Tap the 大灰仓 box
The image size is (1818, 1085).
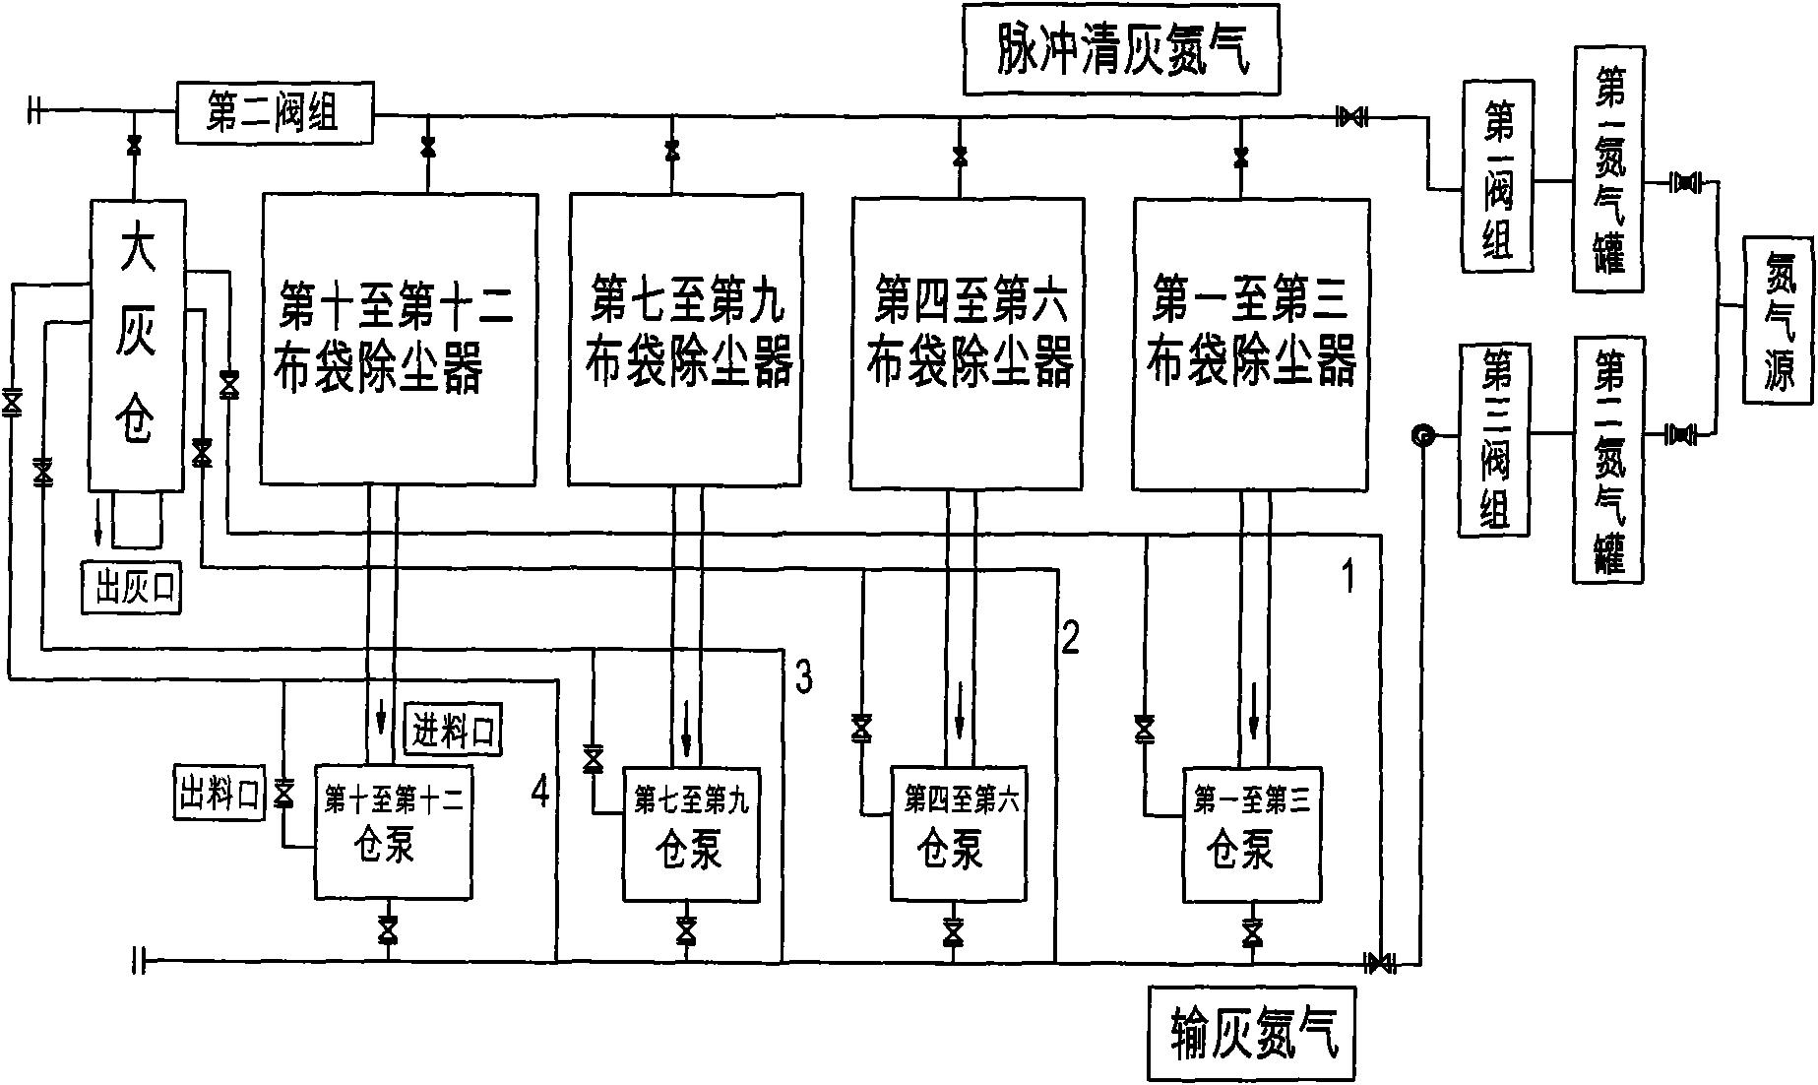coord(136,344)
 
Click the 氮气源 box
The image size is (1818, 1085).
coord(1779,319)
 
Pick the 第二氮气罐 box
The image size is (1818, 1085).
coord(1608,459)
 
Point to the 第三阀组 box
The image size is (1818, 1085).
coord(1494,439)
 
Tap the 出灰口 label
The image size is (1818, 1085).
coord(131,588)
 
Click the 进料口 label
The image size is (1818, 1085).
coord(454,730)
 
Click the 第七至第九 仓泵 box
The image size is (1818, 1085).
coord(691,834)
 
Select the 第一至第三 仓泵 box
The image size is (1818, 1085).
coord(1251,834)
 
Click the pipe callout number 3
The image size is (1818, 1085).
coord(804,677)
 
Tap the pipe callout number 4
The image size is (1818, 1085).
coord(540,791)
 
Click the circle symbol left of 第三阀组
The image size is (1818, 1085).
coord(1421,435)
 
